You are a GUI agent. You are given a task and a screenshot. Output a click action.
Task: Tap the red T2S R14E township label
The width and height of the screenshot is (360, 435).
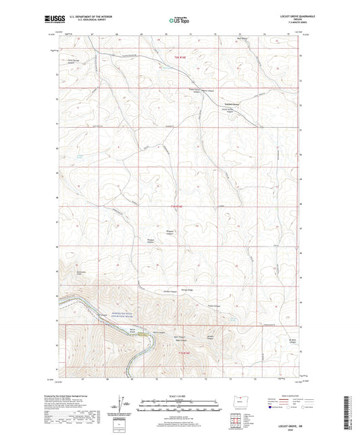pyautogui.click(x=177, y=205)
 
